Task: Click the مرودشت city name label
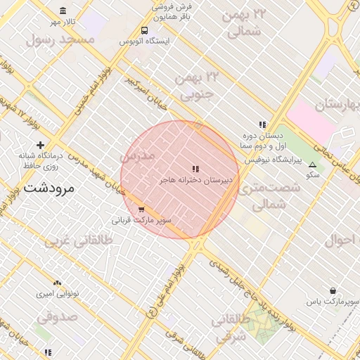[53, 188]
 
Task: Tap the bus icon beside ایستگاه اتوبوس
[143, 31]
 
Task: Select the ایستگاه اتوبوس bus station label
[144, 41]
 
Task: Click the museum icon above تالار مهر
[63, 11]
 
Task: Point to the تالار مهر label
[61, 22]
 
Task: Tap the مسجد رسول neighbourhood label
[60, 39]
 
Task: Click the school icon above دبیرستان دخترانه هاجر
[195, 169]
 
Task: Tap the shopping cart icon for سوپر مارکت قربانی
[141, 209]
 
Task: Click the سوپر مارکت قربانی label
[142, 220]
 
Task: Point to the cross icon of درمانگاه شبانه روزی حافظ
[40, 145]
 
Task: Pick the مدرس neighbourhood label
[136, 156]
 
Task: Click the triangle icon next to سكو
[312, 164]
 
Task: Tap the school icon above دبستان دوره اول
[262, 124]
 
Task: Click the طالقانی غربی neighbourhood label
[79, 241]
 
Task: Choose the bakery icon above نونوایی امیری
[58, 282]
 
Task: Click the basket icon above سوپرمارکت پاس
[332, 290]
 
